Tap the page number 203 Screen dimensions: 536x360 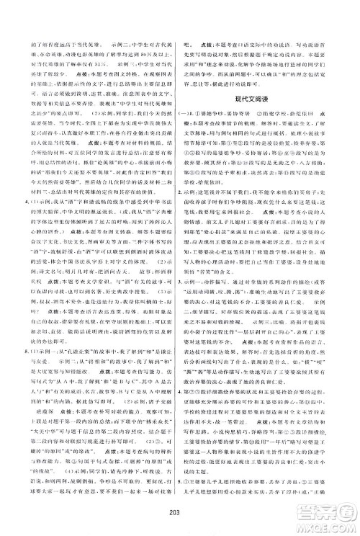tap(180, 506)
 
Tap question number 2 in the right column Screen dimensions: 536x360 tap(190, 203)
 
